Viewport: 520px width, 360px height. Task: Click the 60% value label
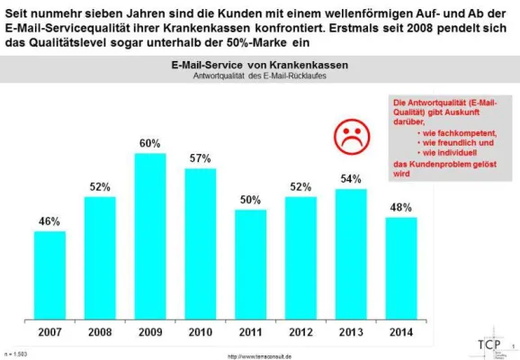click(x=149, y=142)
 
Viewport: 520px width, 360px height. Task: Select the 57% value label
click(x=200, y=158)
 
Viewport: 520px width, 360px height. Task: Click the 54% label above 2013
click(x=351, y=178)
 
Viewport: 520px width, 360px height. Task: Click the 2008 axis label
click(x=99, y=332)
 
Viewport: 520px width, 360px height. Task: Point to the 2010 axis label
click(x=200, y=332)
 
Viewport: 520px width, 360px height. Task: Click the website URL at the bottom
click(x=272, y=355)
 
